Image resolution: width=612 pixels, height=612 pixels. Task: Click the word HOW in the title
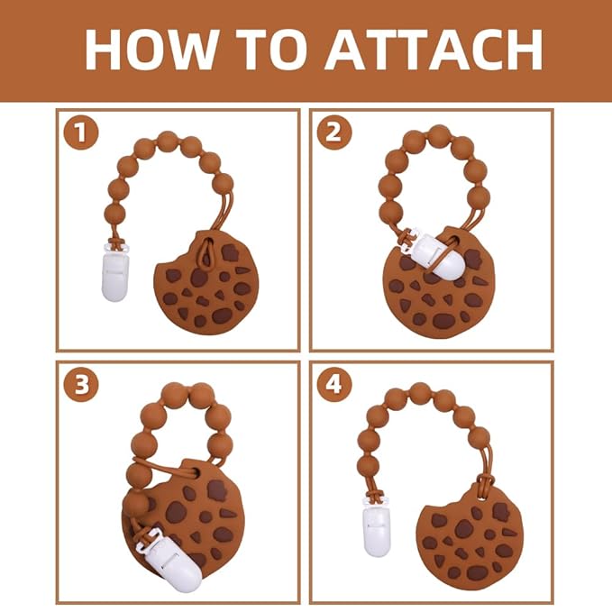pos(151,50)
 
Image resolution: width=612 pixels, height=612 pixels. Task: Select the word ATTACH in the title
pos(434,50)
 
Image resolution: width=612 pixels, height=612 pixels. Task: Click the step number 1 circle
pos(81,132)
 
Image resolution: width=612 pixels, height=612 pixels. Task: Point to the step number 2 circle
pos(334,132)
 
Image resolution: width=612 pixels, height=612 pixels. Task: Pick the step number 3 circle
pos(81,385)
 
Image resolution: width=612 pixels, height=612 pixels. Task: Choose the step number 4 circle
pos(334,385)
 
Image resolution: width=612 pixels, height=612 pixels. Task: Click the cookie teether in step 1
pos(206,282)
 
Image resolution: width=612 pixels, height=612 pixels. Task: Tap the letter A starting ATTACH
pos(347,50)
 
